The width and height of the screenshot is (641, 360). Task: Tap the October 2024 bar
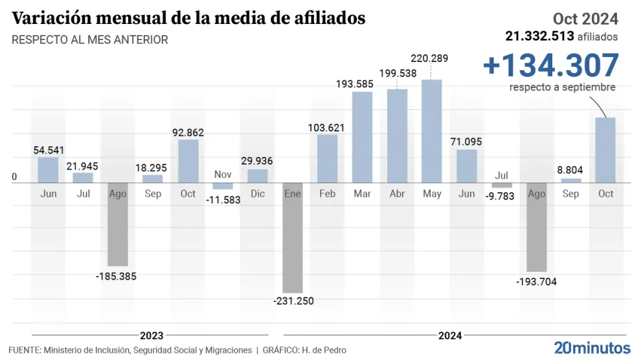pos(605,150)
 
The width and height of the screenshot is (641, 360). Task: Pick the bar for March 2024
pos(362,137)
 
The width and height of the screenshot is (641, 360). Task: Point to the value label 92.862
pos(188,132)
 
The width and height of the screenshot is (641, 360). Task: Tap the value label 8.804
pos(570,170)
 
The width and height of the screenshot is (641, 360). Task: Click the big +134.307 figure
pos(551,66)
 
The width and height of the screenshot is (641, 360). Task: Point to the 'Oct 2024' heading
pos(585,19)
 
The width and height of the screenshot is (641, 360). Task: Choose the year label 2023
pos(152,335)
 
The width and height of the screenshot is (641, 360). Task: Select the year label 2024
pos(450,335)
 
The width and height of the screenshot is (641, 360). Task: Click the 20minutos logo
pos(592,346)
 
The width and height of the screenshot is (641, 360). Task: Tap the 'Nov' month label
pos(223,174)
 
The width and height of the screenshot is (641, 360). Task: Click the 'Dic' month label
pos(258,194)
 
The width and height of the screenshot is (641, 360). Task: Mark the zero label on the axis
pos(14,177)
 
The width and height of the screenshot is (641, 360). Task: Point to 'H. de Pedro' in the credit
pos(323,350)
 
